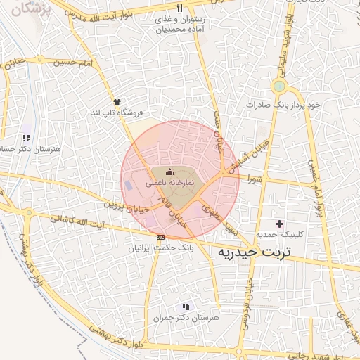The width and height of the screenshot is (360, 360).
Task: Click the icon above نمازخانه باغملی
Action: tap(169, 172)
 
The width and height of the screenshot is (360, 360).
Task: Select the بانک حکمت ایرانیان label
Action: tap(162, 248)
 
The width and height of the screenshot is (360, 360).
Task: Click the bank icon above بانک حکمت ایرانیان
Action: tap(161, 237)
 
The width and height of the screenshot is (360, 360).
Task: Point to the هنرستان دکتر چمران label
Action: tap(186, 318)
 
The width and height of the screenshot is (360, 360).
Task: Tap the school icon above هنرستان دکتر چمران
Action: tap(186, 307)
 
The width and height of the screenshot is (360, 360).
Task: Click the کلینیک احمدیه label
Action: tap(279, 235)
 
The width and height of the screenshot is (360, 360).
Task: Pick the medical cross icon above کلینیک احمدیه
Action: tap(279, 224)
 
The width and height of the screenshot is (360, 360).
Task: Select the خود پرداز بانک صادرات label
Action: tap(283, 104)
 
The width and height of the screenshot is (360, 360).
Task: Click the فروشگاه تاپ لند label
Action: tap(116, 112)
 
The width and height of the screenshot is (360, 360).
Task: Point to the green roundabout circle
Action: tap(279, 86)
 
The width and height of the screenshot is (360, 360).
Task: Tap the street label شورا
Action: tap(254, 180)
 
